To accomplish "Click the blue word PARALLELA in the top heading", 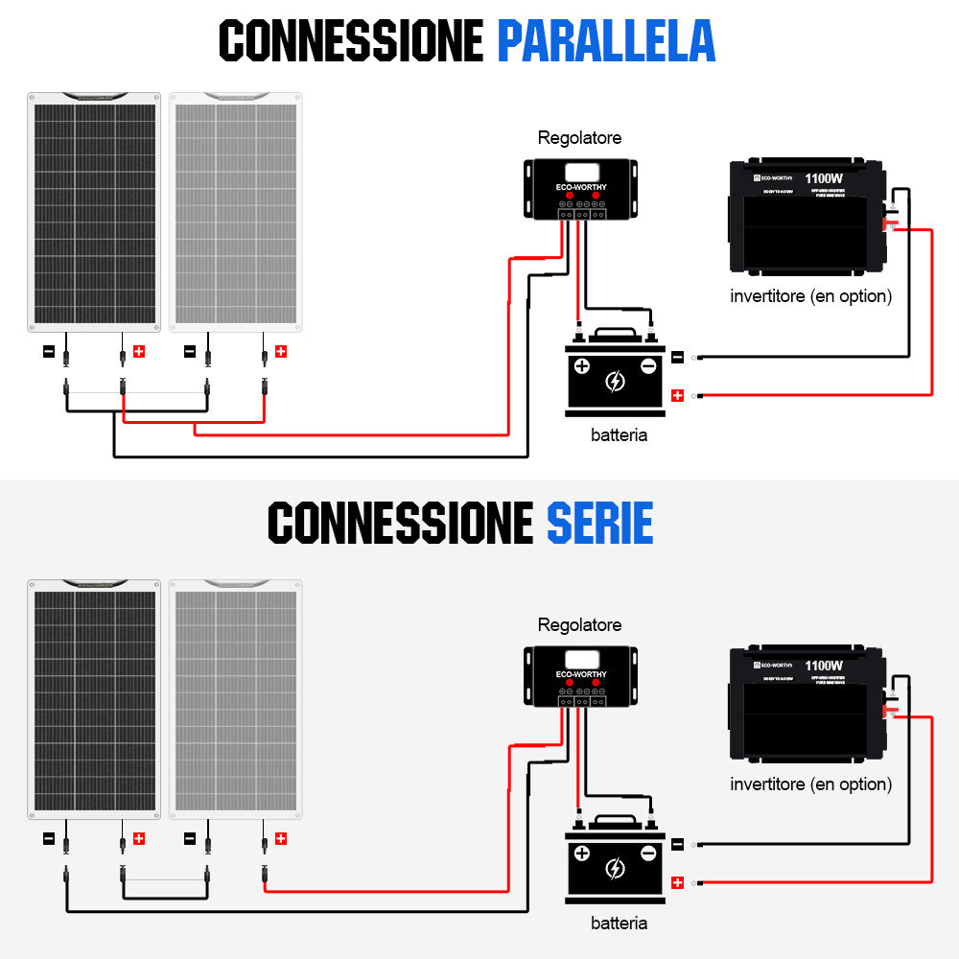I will coord(606,40).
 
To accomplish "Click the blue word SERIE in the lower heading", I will coord(599,524).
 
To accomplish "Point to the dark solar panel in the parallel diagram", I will coord(94,212).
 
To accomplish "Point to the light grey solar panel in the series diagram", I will coord(236,699).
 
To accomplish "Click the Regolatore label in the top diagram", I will coord(579,138).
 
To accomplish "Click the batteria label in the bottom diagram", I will coord(619,923).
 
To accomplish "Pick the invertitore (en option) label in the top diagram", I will coord(810,296).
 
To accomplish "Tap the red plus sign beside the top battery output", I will coord(677,395).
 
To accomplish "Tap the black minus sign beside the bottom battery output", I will coord(677,844).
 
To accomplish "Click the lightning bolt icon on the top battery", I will coord(615,382).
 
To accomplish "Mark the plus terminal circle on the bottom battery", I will coord(582,853).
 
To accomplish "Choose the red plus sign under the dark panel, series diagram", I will coord(139,839).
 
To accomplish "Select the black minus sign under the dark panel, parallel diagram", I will coord(49,352).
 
